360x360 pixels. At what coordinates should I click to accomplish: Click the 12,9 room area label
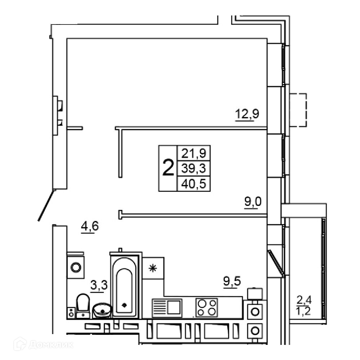pos(247,114)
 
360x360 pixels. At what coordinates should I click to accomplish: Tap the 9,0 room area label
pos(253,202)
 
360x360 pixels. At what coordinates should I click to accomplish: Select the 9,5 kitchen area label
pos(232,281)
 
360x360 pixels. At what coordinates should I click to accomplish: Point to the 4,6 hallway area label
pos(90,226)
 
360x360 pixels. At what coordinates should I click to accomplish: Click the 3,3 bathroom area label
pos(99,285)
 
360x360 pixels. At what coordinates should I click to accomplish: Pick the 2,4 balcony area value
pos(304,300)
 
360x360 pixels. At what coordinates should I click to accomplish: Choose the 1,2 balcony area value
pos(303,311)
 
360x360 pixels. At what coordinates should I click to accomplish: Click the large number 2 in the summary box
pos(168,168)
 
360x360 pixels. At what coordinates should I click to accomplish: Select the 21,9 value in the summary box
pos(194,153)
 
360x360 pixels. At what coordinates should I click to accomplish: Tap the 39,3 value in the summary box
pos(194,168)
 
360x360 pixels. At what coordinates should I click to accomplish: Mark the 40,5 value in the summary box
pos(194,184)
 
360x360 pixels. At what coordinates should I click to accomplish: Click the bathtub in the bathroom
pos(125,287)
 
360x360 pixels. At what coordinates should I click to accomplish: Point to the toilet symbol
pos(83,306)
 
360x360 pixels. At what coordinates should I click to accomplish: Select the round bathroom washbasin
pos(102,310)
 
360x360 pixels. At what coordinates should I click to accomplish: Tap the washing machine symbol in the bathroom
pos(76,267)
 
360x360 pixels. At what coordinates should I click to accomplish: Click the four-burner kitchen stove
pos(207,308)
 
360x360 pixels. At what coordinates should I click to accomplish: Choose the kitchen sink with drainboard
pos(167,308)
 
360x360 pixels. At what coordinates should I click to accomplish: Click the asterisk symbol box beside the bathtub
pos(153,268)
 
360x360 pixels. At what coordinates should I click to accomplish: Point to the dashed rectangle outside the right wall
pos(298,110)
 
